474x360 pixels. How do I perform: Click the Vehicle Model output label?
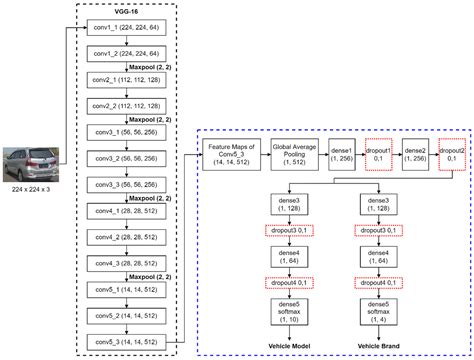291,345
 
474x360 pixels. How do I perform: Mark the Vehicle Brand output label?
379,345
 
